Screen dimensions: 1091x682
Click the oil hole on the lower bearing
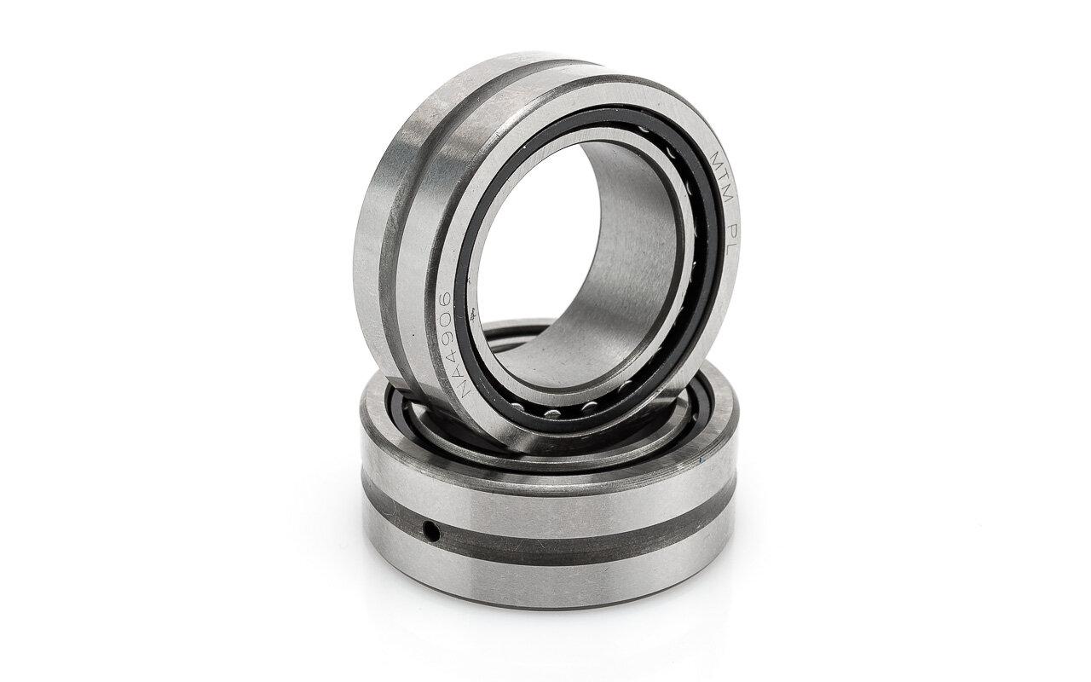tap(431, 531)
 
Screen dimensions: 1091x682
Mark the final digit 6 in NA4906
tap(446, 299)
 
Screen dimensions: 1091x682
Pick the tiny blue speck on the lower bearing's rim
tap(701, 459)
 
